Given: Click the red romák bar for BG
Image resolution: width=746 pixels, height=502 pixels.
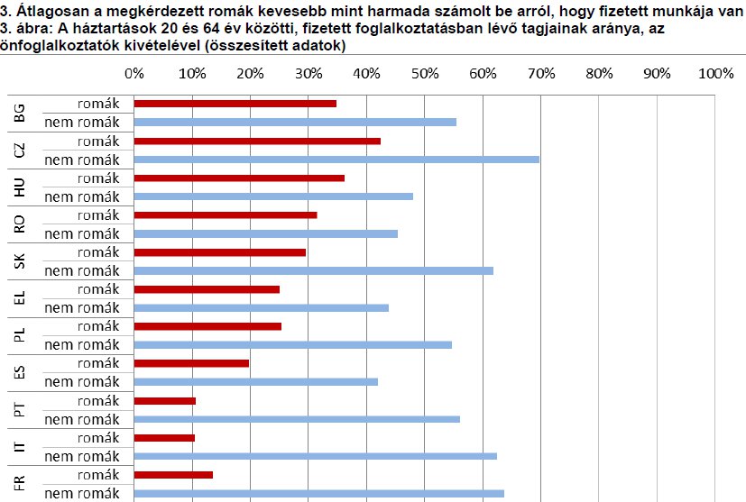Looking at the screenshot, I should [235, 104].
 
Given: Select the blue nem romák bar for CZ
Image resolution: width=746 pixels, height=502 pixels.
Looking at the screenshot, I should [336, 160].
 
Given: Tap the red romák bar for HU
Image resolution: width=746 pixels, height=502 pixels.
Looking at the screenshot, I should [239, 178].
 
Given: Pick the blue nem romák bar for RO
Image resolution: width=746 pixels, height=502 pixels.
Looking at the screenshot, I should [265, 233].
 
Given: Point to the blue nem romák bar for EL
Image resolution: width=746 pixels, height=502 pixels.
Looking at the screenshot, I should [261, 307].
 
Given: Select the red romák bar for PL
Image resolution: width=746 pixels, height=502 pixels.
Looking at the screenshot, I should [207, 325].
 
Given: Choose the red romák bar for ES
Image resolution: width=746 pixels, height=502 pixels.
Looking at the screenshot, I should [191, 362].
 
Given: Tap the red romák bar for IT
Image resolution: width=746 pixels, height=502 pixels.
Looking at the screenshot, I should [164, 437].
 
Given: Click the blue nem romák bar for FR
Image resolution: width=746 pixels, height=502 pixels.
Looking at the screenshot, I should [318, 493].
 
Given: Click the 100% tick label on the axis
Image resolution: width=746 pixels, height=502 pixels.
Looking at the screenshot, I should [716, 73].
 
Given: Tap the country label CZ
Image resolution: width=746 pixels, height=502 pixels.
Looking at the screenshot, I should [21, 150].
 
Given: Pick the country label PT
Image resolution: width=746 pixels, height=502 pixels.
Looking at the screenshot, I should [21, 409].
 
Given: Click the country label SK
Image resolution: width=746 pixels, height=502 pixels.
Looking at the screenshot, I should [21, 261].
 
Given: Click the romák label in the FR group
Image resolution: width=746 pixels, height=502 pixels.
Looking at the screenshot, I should [98, 474].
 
